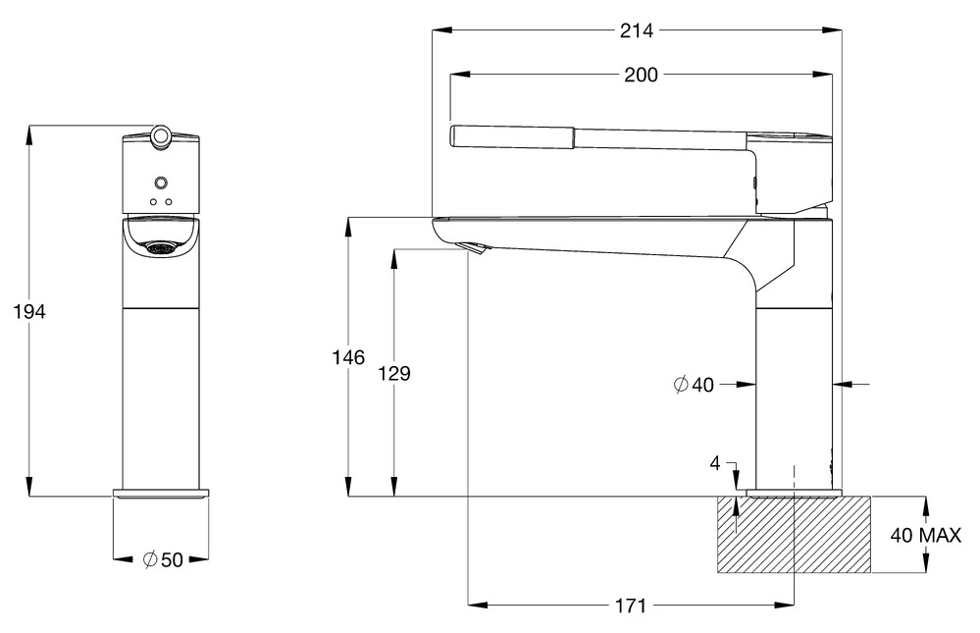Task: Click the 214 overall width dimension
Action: pyautogui.click(x=637, y=30)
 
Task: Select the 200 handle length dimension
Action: pyautogui.click(x=641, y=75)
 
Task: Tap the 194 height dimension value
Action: pyautogui.click(x=29, y=311)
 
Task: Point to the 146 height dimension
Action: pyautogui.click(x=348, y=357)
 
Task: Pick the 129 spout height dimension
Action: pyautogui.click(x=394, y=373)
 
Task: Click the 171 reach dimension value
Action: pyautogui.click(x=630, y=606)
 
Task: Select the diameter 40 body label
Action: pyautogui.click(x=694, y=384)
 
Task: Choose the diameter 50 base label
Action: pyautogui.click(x=163, y=559)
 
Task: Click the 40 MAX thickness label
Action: pyautogui.click(x=926, y=536)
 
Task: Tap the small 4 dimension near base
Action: pyautogui.click(x=715, y=463)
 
